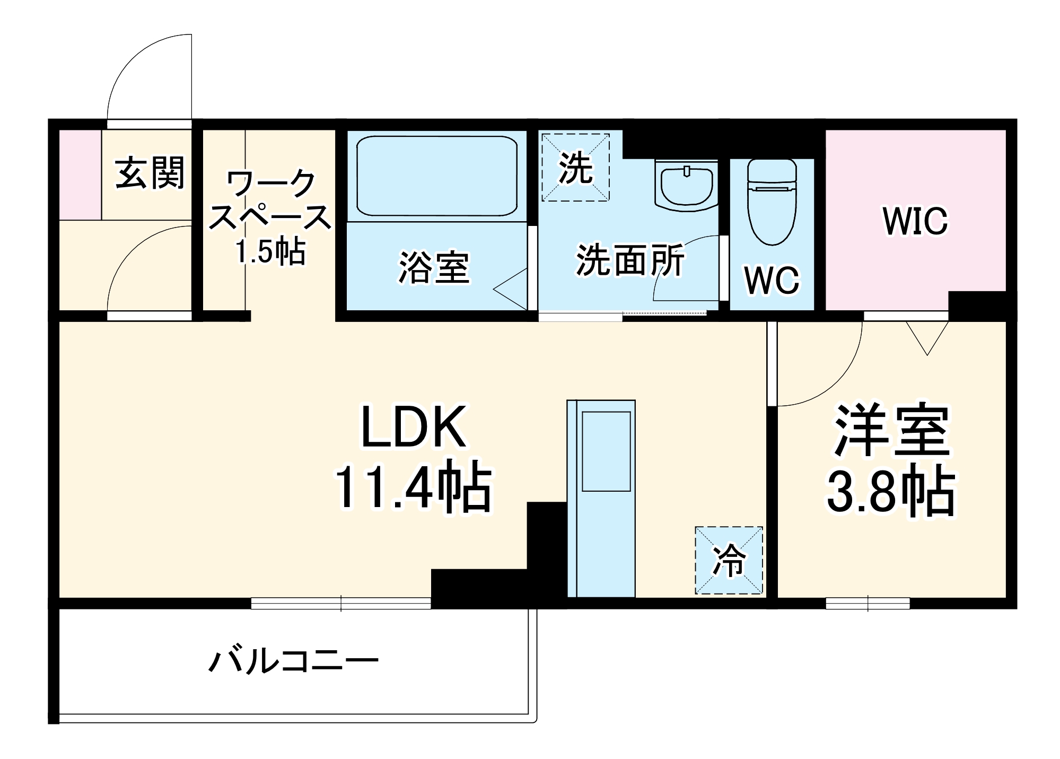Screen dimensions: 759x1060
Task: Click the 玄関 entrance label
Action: pyautogui.click(x=150, y=172)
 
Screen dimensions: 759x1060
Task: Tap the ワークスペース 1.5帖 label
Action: pyautogui.click(x=270, y=217)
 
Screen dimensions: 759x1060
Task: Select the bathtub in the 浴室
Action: pyautogui.click(x=436, y=176)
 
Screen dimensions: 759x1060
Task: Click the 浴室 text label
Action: pyautogui.click(x=434, y=268)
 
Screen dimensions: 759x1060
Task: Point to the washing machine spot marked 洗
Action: pyautogui.click(x=575, y=168)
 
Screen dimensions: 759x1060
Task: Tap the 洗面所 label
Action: pyautogui.click(x=630, y=260)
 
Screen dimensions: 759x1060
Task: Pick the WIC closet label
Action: pyautogui.click(x=915, y=221)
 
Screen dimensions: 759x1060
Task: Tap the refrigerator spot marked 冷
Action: pyautogui.click(x=729, y=560)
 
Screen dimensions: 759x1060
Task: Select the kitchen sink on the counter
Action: pyautogui.click(x=606, y=451)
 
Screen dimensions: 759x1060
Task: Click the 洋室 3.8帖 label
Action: pyautogui.click(x=891, y=459)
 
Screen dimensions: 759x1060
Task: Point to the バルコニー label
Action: pyautogui.click(x=293, y=661)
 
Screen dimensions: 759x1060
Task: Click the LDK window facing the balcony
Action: pyautogui.click(x=340, y=603)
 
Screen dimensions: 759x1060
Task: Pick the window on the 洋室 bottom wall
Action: pyautogui.click(x=868, y=603)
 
